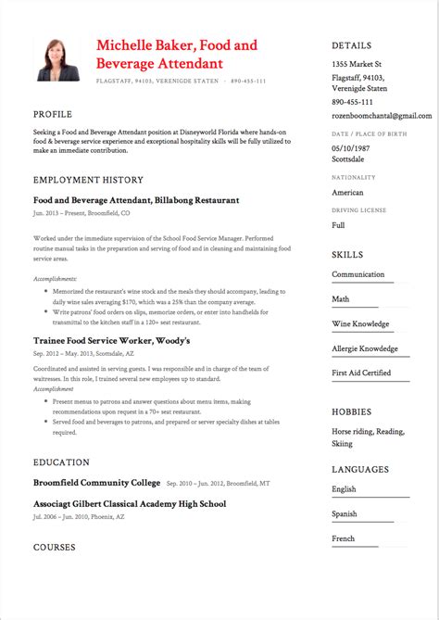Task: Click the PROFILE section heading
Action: (x=53, y=114)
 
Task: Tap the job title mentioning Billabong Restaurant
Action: (x=136, y=199)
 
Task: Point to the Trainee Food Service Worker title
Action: (x=111, y=341)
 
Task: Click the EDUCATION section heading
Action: (x=61, y=462)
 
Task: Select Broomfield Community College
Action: (x=95, y=483)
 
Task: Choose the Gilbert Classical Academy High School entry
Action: (x=129, y=504)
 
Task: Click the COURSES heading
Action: (x=55, y=548)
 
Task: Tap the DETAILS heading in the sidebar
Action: (x=352, y=45)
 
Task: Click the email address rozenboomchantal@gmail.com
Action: (x=382, y=116)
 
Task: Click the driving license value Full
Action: (x=338, y=225)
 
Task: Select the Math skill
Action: (x=340, y=299)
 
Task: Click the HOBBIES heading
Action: (x=352, y=411)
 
